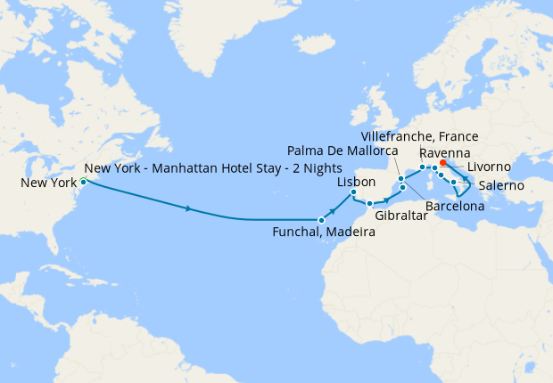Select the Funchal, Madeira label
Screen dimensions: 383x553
click(x=323, y=232)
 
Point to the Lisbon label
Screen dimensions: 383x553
click(x=356, y=181)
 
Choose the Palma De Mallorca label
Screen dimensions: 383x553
click(x=345, y=152)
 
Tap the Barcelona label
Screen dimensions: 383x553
click(x=455, y=207)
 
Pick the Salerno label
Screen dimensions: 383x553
click(x=501, y=186)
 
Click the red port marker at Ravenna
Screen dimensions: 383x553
click(x=443, y=163)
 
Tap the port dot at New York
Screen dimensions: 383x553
click(x=83, y=182)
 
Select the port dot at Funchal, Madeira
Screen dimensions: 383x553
click(x=321, y=219)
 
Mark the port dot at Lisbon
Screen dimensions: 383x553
click(x=353, y=192)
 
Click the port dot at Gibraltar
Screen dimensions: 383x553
click(x=369, y=204)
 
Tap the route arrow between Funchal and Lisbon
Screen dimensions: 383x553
click(x=334, y=209)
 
